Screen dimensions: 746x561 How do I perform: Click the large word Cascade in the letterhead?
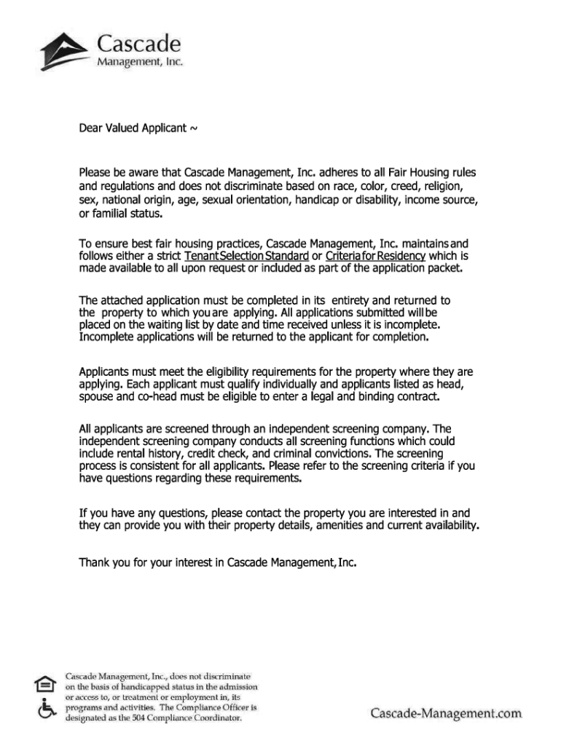tap(138, 42)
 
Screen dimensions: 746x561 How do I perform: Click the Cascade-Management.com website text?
tap(446, 712)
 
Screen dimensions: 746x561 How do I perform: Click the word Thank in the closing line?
tap(93, 562)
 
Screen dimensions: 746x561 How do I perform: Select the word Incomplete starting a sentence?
tap(106, 338)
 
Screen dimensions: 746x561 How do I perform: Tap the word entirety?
tap(355, 300)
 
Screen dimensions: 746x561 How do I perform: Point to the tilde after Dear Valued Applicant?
tap(193, 130)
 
